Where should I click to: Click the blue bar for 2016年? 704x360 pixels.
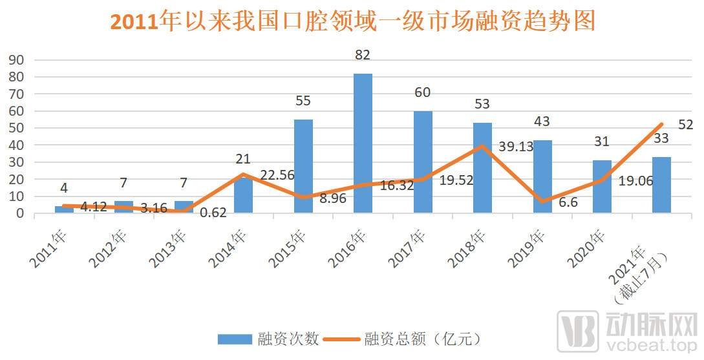tap(363, 143)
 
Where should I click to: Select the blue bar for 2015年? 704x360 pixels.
tap(303, 166)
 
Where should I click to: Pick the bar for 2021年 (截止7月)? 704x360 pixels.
tap(661, 185)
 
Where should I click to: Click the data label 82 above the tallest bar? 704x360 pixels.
tap(363, 55)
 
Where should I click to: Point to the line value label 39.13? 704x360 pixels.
tap(515, 147)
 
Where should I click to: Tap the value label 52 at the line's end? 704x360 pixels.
tap(685, 125)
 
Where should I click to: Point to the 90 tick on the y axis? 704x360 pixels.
tap(16, 60)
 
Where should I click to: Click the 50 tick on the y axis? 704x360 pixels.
tap(16, 128)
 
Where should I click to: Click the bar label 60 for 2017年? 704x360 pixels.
tap(422, 93)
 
